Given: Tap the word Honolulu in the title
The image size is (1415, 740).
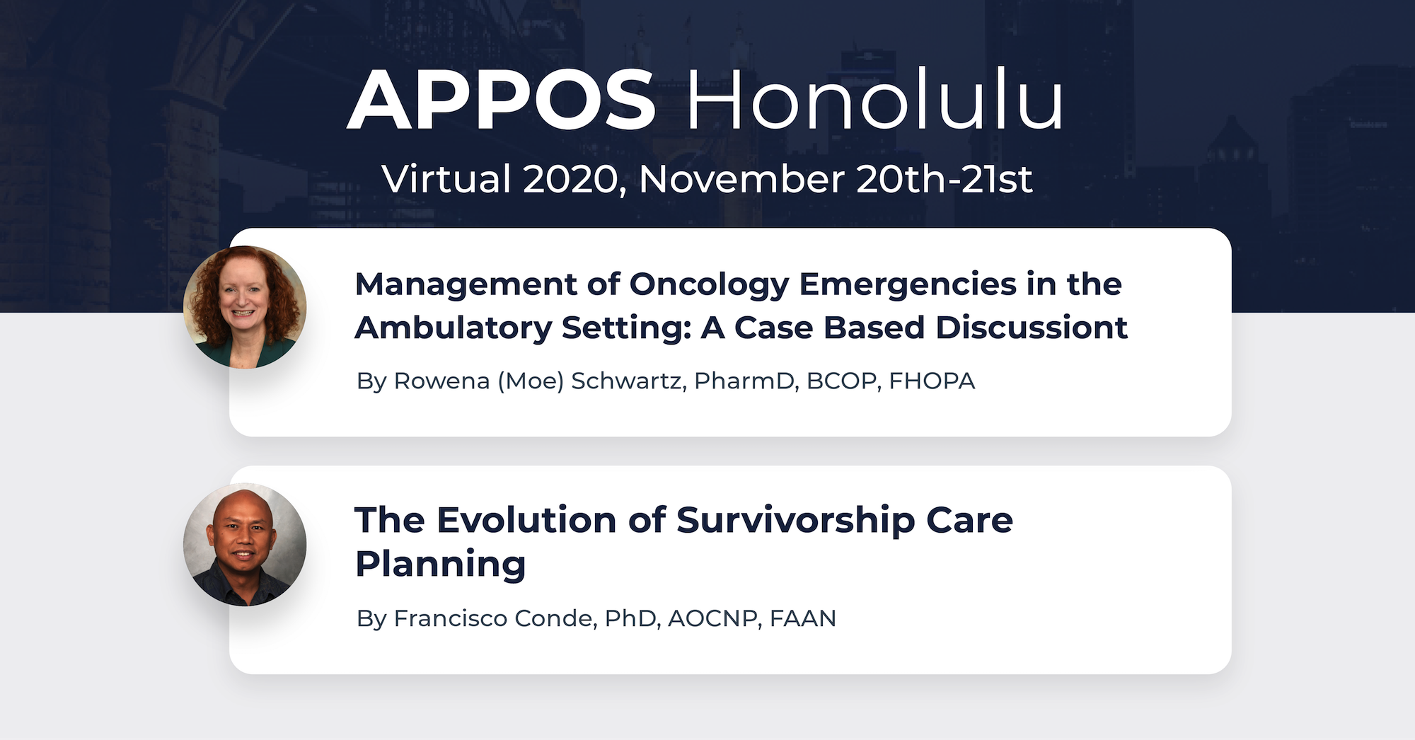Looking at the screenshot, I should point(874,101).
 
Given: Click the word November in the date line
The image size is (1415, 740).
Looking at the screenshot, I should point(741,179).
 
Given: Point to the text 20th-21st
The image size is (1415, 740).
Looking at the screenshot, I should point(944,179).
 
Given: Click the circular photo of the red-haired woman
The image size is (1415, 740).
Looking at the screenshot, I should point(245,307).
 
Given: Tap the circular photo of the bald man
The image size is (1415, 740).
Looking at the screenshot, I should point(245,545).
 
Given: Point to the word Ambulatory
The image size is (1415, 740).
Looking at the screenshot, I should point(454,328).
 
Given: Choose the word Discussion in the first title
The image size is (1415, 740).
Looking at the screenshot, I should point(1031,328).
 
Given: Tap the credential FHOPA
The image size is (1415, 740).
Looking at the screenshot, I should point(932,381).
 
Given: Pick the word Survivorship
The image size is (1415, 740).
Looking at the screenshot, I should point(795,520).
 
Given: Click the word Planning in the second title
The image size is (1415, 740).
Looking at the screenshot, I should point(441,565).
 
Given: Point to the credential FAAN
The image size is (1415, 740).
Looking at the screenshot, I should point(802,618).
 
